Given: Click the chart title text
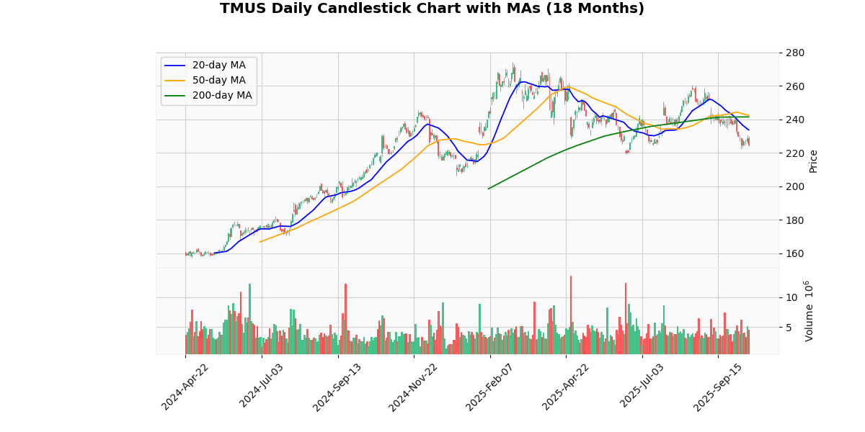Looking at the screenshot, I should click(x=432, y=9).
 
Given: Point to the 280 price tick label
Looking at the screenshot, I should click(x=795, y=53).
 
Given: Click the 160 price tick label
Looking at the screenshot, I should click(x=795, y=253).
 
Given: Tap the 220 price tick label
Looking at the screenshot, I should click(x=795, y=153).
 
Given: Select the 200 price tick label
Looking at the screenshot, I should click(x=795, y=186).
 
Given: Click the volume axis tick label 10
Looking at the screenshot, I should click(x=791, y=297).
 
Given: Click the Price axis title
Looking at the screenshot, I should click(x=814, y=161).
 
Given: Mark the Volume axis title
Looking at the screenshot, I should click(x=809, y=311).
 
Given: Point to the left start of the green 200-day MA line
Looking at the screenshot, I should click(x=489, y=189).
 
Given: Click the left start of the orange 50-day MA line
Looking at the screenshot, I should click(x=260, y=241).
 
